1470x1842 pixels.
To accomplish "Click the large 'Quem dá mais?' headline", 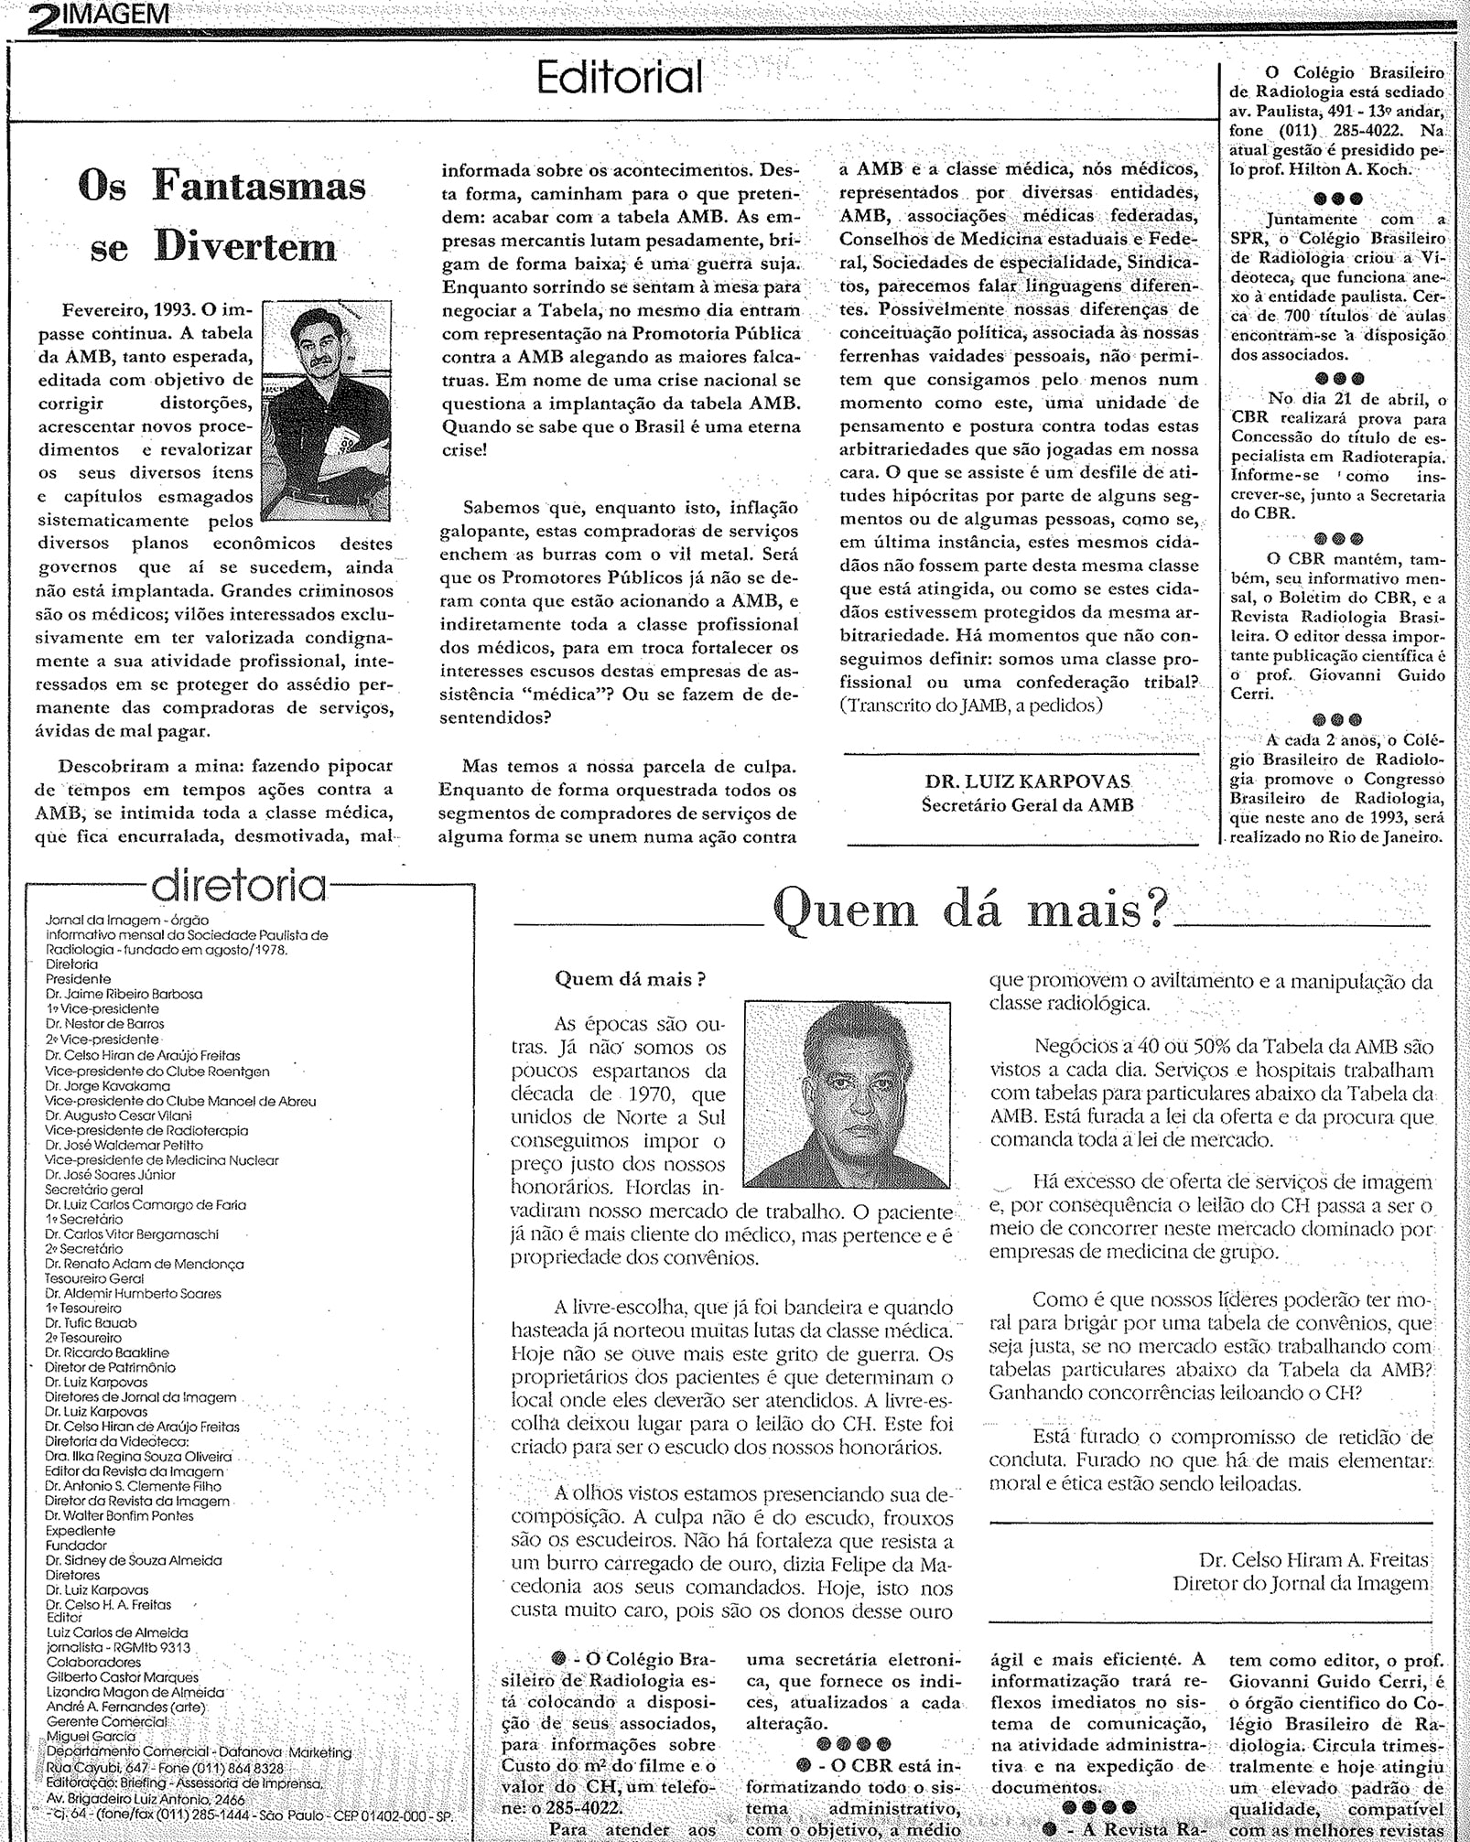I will click(x=971, y=910).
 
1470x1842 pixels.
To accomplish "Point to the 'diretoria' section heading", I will click(x=240, y=885).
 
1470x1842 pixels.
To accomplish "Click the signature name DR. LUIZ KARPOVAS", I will click(x=1028, y=782).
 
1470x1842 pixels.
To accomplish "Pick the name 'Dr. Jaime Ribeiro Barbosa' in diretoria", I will click(x=124, y=993).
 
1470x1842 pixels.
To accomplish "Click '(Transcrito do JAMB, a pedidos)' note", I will click(x=971, y=706).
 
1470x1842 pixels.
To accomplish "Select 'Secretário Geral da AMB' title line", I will click(x=1027, y=805).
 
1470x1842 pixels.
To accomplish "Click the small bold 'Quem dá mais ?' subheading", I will click(x=631, y=978).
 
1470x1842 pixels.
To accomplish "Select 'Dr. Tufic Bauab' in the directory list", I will click(x=92, y=1322).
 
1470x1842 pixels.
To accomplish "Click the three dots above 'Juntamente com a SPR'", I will click(x=1337, y=198).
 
